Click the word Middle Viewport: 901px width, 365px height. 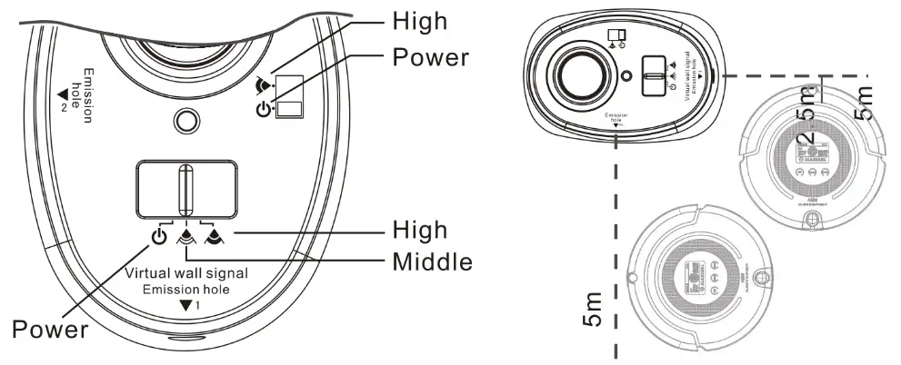[433, 262]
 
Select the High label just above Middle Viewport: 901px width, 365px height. [419, 229]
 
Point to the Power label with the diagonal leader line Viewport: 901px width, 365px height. [49, 329]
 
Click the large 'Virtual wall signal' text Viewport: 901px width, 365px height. [186, 273]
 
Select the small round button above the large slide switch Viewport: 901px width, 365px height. [186, 121]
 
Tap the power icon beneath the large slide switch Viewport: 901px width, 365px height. [158, 239]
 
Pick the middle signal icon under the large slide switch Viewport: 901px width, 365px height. [186, 239]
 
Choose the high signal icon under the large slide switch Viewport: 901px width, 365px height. [215, 239]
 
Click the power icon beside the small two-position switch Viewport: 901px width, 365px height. [264, 110]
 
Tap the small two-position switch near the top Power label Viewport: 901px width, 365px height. [289, 97]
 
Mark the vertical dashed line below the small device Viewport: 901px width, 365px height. [617, 245]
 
